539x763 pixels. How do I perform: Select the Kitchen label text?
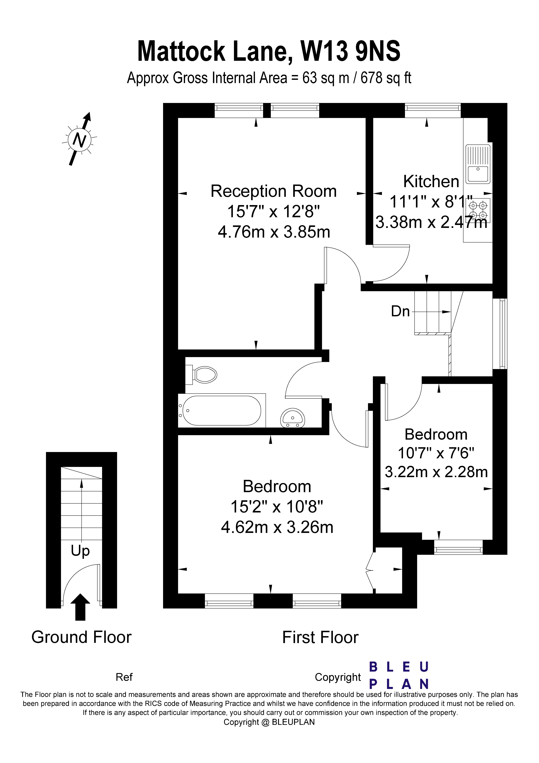431,181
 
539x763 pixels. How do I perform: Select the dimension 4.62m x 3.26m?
277,527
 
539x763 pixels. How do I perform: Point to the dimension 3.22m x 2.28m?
436,472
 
